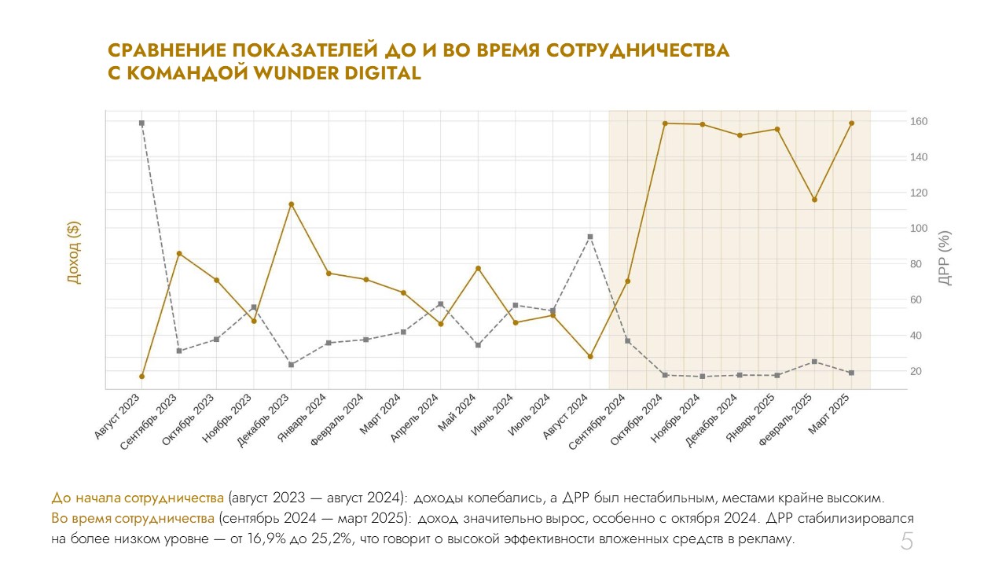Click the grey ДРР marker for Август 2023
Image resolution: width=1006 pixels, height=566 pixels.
[141, 123]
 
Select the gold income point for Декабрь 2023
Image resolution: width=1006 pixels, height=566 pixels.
[291, 204]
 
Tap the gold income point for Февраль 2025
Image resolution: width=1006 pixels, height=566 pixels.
[814, 200]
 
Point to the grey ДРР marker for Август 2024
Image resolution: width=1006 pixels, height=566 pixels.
[590, 237]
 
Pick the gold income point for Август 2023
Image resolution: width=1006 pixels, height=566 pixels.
[141, 377]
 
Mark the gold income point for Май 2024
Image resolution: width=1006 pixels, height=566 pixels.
[478, 269]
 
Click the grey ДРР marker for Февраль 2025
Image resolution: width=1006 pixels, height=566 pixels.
[814, 362]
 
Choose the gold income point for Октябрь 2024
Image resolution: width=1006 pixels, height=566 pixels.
[665, 123]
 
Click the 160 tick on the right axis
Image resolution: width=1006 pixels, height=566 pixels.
[919, 122]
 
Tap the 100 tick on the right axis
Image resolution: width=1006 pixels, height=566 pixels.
[919, 229]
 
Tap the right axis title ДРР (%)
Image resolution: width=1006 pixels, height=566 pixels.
[945, 257]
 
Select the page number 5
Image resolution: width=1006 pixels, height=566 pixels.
[906, 542]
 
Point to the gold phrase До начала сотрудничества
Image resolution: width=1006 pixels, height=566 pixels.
[138, 498]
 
